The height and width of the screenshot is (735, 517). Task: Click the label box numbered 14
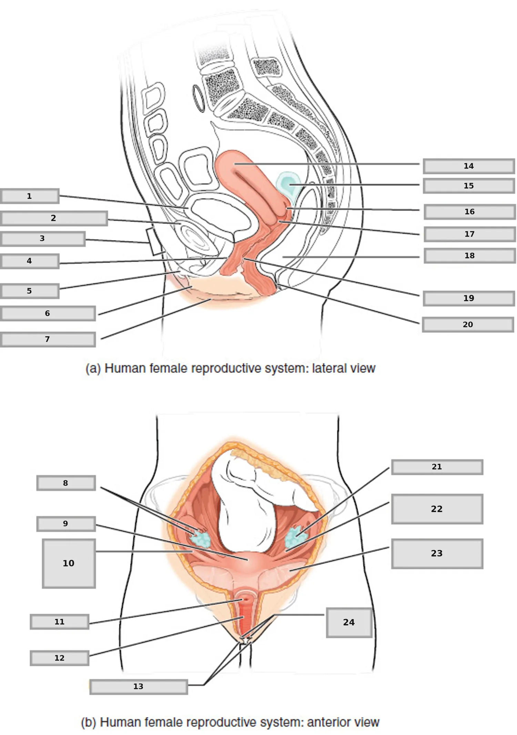469,166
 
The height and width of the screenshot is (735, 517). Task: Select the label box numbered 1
30,196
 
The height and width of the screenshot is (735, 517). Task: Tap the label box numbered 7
48,339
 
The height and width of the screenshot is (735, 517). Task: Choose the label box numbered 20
468,324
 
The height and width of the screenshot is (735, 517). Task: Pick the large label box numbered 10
69,563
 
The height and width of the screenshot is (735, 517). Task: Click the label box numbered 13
139,686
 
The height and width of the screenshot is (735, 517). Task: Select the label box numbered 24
349,622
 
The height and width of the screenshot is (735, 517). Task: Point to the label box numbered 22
437,509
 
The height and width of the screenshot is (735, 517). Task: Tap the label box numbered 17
470,234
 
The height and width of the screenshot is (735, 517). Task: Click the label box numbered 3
43,239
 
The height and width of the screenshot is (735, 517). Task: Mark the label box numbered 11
60,622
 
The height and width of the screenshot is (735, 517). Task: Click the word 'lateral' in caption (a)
329,368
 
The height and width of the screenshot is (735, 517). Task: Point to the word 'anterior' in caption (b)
326,722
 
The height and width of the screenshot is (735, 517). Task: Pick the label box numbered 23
437,553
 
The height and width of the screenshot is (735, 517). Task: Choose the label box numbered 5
30,291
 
